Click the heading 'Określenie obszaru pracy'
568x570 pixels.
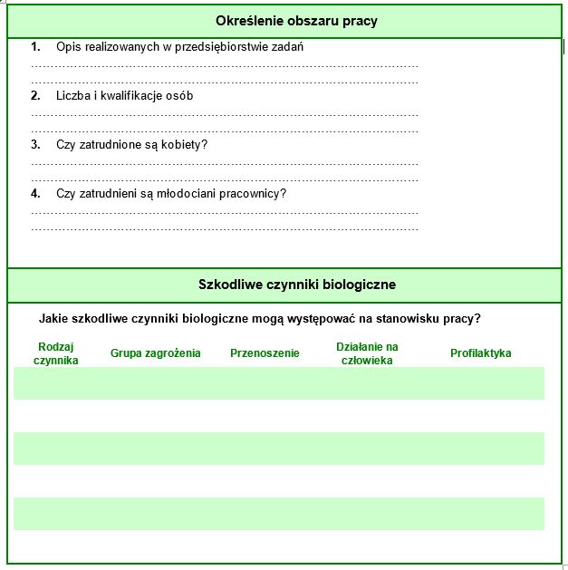296,21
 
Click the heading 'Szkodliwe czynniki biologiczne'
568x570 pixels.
296,285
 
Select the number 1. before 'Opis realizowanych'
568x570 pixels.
36,46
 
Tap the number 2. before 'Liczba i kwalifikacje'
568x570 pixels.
36,95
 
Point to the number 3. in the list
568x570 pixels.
36,144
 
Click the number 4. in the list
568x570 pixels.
36,193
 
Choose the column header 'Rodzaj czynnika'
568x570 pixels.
55,353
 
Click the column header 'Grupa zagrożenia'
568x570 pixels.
156,353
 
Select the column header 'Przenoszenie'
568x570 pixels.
265,353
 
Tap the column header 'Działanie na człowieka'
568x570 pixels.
367,353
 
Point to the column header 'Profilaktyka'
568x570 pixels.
481,353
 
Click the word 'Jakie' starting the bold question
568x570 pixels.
54,319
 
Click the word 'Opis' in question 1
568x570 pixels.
68,46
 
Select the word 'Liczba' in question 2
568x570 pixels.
73,95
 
